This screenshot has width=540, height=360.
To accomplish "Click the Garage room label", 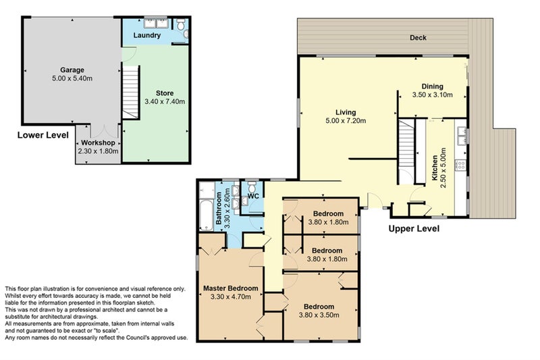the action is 72,70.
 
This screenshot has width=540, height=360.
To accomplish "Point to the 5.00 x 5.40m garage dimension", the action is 72,78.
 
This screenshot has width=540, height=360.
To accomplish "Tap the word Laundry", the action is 147,35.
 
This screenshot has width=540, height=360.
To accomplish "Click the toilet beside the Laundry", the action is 181,24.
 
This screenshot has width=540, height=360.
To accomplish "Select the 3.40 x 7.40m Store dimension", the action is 165,101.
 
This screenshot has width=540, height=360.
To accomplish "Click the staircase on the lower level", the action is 131,93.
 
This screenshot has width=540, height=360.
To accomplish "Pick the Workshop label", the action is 98,143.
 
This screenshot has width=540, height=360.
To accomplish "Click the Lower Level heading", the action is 43,135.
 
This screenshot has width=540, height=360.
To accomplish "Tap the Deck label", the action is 418,38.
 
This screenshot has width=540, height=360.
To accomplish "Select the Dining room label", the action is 433,86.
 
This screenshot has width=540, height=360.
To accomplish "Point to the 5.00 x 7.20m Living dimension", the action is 346,121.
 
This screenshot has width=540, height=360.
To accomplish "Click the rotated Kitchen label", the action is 435,168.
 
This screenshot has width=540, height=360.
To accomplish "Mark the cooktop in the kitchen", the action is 460,165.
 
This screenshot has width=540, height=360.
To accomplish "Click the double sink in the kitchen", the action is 461,135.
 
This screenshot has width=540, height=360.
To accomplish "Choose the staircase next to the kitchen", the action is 406,151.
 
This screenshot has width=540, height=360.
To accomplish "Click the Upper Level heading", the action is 414,228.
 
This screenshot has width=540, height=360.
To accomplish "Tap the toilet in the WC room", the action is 252,188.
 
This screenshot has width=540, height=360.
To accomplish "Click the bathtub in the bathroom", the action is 207,214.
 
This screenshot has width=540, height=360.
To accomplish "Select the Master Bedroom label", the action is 230,288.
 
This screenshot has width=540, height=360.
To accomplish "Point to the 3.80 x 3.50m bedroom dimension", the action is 319,315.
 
